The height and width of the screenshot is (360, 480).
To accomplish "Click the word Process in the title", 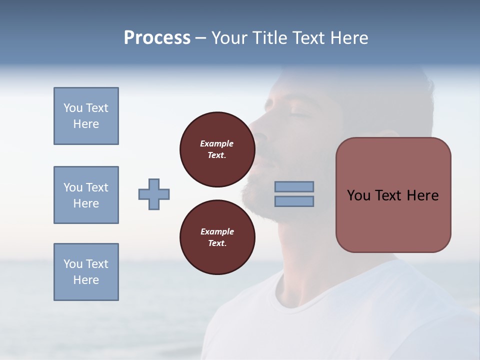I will click(x=157, y=38).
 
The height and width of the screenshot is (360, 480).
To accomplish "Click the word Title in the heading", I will click(x=269, y=38).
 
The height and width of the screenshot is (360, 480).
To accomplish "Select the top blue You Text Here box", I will click(x=86, y=116).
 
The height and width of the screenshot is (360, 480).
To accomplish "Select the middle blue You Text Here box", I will click(x=86, y=195).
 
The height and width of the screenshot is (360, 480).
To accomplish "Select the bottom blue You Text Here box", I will click(x=86, y=272).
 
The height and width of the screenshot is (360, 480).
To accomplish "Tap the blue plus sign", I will click(x=154, y=194).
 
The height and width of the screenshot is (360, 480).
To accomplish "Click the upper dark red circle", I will click(x=217, y=149).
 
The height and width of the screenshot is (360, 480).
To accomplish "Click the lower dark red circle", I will click(x=217, y=237).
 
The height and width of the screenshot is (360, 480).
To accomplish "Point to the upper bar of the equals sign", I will click(x=294, y=186).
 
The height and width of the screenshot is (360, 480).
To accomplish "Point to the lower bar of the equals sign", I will click(x=294, y=201).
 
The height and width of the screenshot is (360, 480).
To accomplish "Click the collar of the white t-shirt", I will click(x=300, y=300).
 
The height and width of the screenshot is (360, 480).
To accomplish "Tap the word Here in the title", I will click(x=349, y=38).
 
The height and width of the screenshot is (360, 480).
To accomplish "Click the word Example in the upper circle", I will click(x=217, y=143).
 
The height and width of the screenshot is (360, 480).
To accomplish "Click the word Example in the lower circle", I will click(x=217, y=231).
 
